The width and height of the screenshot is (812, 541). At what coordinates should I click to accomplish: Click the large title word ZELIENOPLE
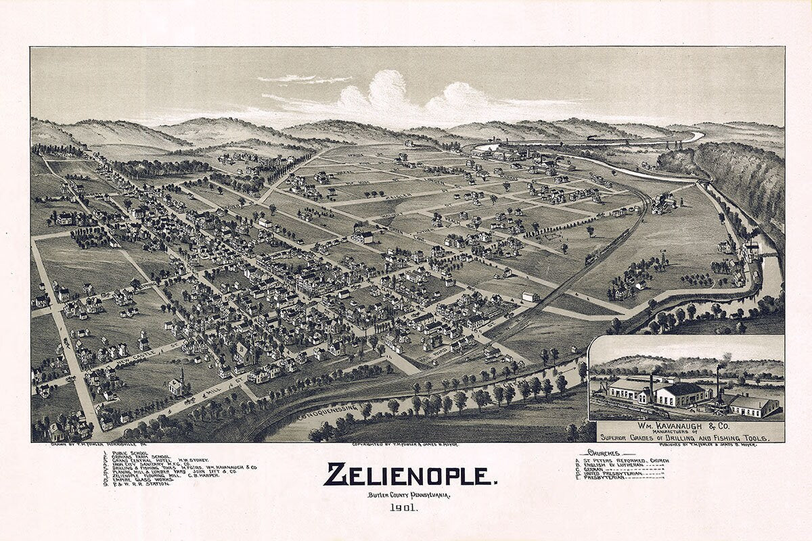(x=409, y=475)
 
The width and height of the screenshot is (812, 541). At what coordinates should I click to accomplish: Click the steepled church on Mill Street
(x=177, y=383)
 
